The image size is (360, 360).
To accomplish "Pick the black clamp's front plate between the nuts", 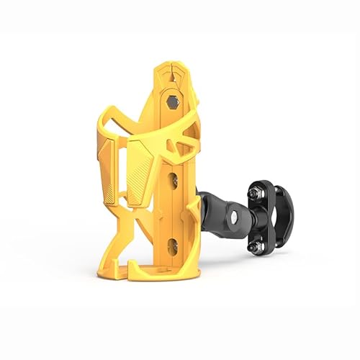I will pyautogui.click(x=253, y=220).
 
